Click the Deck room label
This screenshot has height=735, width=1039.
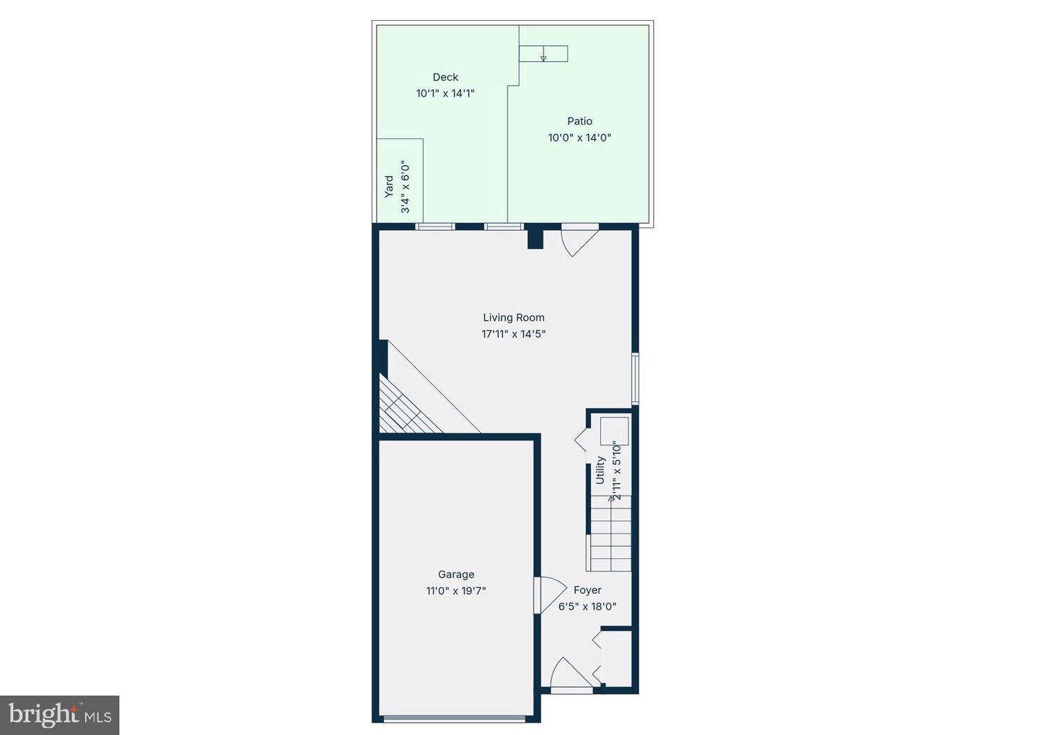[x=445, y=77]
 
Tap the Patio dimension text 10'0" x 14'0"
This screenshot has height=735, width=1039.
[x=579, y=138]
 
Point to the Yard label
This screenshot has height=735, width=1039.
[x=389, y=187]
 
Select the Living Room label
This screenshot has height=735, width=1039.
[x=514, y=317]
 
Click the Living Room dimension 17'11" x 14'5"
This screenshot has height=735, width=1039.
[x=514, y=334]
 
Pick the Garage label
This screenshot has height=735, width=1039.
[x=456, y=575]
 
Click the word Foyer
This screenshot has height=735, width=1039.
[x=587, y=590]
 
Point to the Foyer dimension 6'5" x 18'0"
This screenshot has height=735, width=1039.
[x=587, y=607]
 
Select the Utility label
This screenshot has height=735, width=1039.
[x=600, y=470]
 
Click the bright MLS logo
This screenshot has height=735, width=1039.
[x=60, y=715]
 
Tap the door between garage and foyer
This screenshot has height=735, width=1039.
[x=548, y=595]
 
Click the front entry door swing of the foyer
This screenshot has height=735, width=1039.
[x=571, y=675]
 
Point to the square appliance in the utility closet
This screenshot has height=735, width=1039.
[x=614, y=431]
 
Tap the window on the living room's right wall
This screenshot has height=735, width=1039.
[x=635, y=378]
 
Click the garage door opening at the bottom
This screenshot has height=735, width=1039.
[x=455, y=718]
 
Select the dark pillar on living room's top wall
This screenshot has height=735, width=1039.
[x=535, y=238]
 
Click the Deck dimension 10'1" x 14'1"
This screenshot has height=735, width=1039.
[x=445, y=94]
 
